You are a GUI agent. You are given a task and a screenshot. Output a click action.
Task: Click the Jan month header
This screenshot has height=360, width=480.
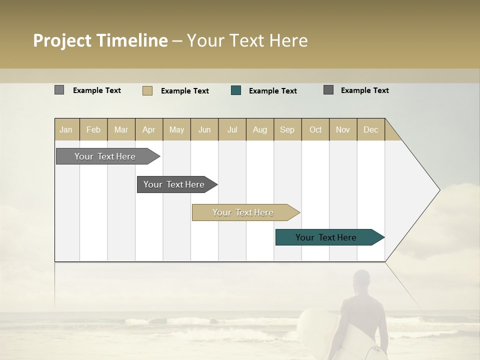click(66, 129)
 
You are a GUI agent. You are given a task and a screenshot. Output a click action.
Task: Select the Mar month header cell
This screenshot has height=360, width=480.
click(121, 129)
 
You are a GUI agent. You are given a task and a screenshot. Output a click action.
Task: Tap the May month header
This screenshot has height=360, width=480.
click(176, 129)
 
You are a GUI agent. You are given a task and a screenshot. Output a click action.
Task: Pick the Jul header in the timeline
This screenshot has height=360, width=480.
click(232, 129)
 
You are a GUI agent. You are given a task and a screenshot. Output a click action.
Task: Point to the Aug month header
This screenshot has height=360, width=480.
click(259, 129)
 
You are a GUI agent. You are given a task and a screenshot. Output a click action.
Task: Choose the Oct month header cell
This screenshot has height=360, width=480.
click(315, 129)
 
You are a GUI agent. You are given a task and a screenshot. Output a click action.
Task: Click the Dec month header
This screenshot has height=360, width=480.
click(370, 129)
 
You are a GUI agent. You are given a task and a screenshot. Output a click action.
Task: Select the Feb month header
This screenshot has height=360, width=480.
click(93, 129)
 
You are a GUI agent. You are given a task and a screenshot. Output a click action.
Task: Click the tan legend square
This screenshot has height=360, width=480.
click(147, 90)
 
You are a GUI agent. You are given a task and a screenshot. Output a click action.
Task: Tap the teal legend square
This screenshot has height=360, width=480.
click(236, 90)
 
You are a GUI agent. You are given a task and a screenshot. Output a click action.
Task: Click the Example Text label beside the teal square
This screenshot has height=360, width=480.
click(272, 91)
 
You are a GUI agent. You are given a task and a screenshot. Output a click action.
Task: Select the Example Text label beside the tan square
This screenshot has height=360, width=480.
click(184, 91)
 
